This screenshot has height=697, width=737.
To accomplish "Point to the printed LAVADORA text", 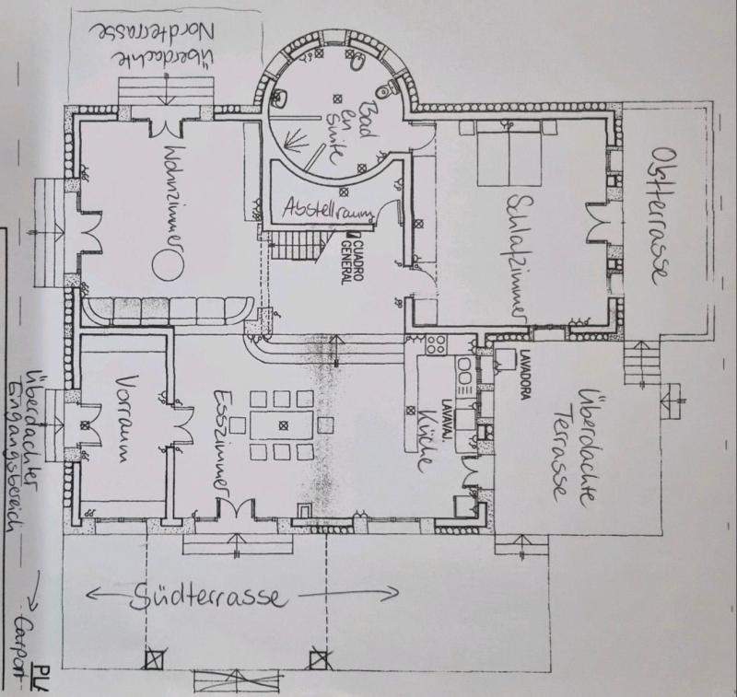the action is click(516, 373).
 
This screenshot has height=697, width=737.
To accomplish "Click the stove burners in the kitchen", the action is click(436, 348).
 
